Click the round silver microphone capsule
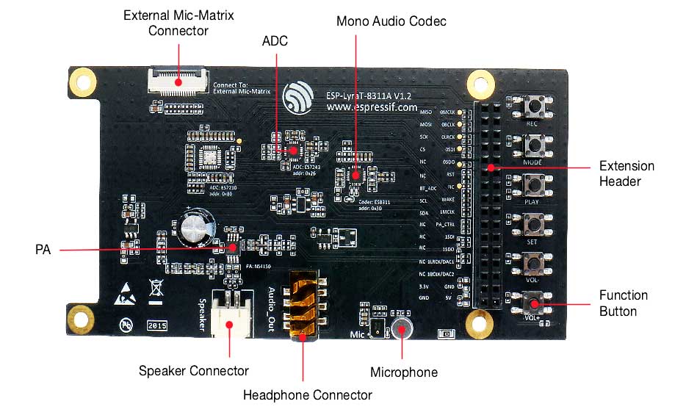pos(401,328)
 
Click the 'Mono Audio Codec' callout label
pos(391,21)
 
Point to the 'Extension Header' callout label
pos(626,173)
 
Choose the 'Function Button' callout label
pos(624,303)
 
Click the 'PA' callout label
pos(43,250)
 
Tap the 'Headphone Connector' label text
pos(308,395)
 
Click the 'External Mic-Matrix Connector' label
pos(178,23)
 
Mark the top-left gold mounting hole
pos(83,80)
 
